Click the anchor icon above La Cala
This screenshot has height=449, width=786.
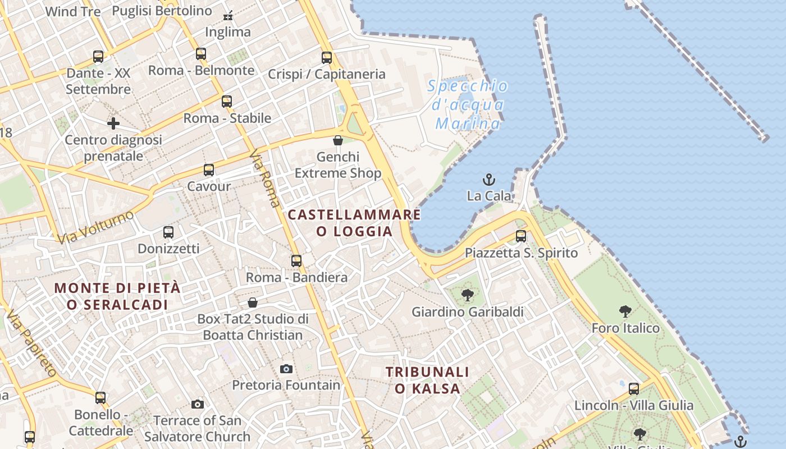(489, 180)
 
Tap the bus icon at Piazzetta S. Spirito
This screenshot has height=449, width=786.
(521, 236)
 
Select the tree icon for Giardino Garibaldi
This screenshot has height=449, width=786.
(467, 295)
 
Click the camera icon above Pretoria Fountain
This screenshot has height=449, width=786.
(286, 369)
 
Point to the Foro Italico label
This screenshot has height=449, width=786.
(625, 328)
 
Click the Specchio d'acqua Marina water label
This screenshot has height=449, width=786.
(468, 105)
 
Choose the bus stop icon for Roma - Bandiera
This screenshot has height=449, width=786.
(296, 261)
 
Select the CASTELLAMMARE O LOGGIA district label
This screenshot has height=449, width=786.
(354, 223)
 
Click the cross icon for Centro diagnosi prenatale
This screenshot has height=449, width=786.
(113, 123)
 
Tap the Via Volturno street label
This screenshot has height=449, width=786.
(96, 227)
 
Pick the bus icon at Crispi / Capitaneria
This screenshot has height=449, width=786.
(327, 57)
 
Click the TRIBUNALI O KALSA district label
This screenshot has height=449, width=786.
(428, 380)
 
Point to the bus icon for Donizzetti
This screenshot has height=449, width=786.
(168, 232)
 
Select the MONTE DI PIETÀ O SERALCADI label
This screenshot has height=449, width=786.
(117, 296)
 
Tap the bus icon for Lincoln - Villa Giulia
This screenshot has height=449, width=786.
(634, 388)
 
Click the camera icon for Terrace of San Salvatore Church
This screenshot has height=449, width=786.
(197, 404)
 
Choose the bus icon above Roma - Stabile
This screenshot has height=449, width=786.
(227, 102)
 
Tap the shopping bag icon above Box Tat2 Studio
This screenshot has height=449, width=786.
(253, 303)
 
